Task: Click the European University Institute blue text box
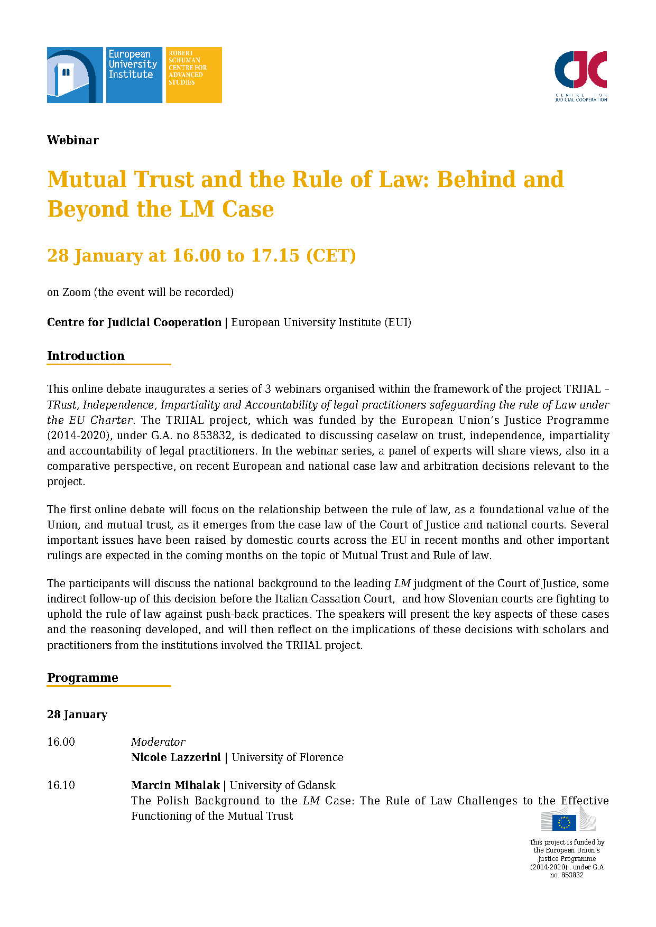pos(134,75)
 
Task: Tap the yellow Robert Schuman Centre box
pos(193,75)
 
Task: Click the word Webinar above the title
pos(73,140)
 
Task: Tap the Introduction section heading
pos(86,356)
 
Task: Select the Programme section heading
pos(82,678)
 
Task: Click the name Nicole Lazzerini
pos(176,757)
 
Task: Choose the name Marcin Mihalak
pos(175,785)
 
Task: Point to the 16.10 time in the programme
pos(61,785)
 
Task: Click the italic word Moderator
pos(158,742)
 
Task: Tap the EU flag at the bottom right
pos(564,823)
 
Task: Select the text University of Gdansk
pos(282,785)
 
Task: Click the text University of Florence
pos(288,757)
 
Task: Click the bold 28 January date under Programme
pos(77,715)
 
